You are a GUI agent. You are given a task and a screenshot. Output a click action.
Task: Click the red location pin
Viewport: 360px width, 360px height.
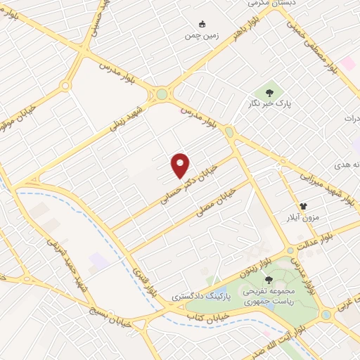181,166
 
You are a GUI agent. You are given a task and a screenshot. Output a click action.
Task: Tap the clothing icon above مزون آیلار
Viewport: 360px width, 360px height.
304,205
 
